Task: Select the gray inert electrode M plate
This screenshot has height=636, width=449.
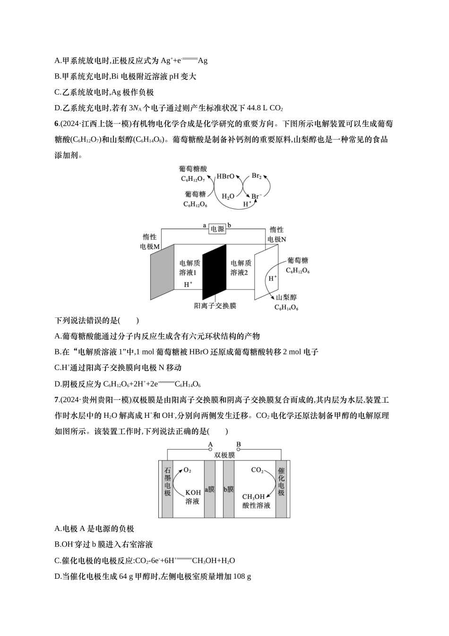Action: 163,272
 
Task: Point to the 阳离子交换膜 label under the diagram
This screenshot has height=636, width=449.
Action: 215,306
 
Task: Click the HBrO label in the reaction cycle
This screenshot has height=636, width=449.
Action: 225,176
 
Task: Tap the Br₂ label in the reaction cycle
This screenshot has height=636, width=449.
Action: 257,176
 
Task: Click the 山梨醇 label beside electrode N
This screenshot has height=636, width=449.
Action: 286,297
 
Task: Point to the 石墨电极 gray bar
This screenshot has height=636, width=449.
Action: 167,489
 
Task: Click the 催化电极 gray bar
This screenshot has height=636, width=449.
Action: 281,489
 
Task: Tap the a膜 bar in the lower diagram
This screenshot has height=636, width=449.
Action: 209,489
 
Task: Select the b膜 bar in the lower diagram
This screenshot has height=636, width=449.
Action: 228,489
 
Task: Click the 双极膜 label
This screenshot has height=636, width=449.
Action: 224,455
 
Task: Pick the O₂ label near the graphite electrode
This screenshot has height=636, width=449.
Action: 187,470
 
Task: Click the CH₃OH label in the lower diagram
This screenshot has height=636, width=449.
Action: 253,496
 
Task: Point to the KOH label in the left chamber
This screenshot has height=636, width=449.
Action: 192,493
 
